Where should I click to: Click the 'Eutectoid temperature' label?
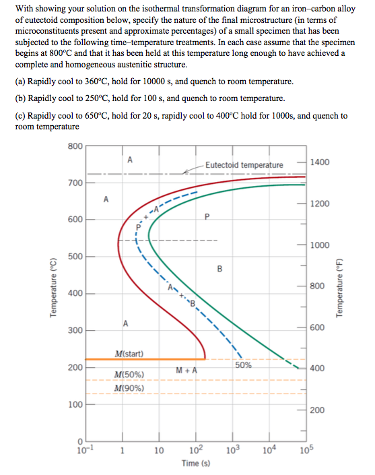click(x=244, y=165)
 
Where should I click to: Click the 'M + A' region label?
click(x=186, y=370)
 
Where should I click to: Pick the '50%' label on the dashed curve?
click(x=244, y=365)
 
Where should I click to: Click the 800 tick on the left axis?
click(x=74, y=146)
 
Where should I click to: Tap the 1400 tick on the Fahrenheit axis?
click(x=320, y=163)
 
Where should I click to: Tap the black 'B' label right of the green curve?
click(x=219, y=270)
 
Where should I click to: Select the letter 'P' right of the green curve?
click(x=208, y=216)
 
